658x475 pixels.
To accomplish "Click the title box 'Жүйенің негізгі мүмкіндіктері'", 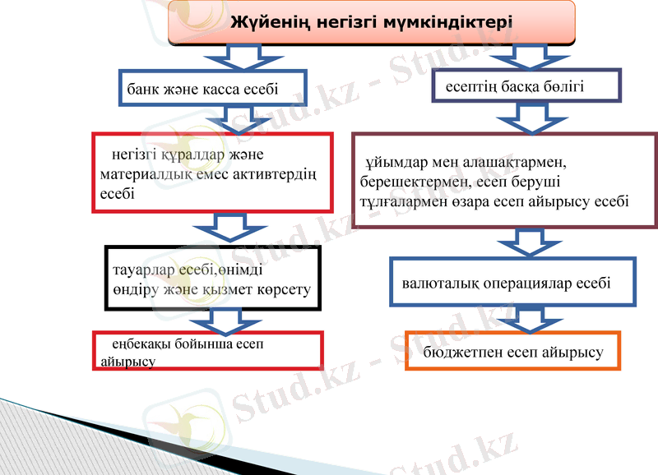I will tap(372, 22).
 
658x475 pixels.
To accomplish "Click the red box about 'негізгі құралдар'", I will tap(211, 173).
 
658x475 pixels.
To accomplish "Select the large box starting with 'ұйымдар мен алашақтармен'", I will tap(504, 180).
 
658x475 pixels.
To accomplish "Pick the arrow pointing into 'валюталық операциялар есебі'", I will tap(523, 242).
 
